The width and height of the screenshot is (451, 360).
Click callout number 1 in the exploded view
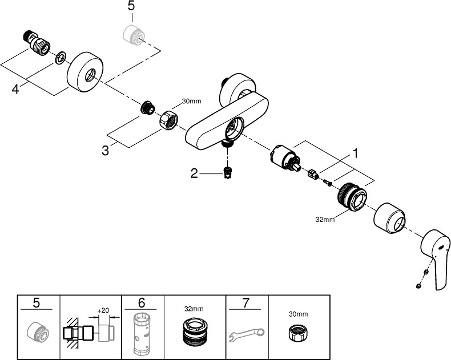[355, 153]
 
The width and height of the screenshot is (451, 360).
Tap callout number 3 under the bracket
[105, 151]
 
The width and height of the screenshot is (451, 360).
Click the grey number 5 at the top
[131, 7]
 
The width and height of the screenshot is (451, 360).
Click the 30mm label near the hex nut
[191, 102]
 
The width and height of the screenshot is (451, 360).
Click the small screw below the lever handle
[418, 284]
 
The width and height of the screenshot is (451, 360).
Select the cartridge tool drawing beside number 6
[143, 334]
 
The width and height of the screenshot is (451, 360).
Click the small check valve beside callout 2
[228, 172]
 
